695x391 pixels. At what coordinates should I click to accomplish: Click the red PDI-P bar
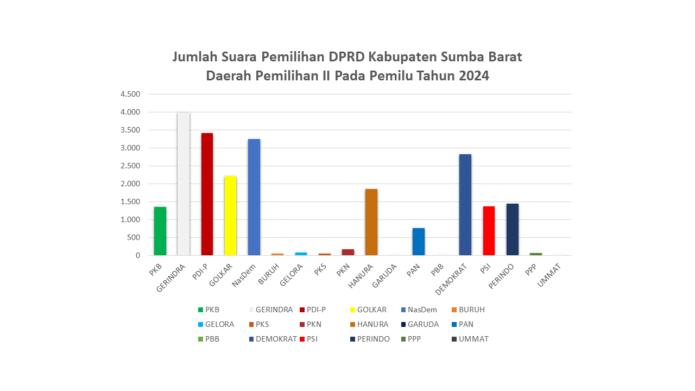(x=207, y=194)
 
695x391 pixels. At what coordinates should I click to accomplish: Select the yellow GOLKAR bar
(x=230, y=216)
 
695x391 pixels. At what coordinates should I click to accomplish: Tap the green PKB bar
(x=160, y=231)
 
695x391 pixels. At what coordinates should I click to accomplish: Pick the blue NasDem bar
(x=254, y=197)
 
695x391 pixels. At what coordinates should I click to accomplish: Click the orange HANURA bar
(x=371, y=222)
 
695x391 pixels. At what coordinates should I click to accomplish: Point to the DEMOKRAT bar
(x=465, y=205)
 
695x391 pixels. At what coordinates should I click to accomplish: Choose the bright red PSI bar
(x=489, y=231)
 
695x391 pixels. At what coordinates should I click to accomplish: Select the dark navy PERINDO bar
(x=513, y=229)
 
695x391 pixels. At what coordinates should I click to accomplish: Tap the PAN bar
(x=418, y=242)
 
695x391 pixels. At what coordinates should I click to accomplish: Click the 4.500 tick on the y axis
(x=130, y=94)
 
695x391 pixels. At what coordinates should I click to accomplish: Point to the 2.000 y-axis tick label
(x=130, y=184)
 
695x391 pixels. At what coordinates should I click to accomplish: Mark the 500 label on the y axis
(x=134, y=237)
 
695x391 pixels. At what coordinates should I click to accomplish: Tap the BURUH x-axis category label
(x=270, y=273)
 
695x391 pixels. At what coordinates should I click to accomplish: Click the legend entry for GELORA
(x=219, y=324)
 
